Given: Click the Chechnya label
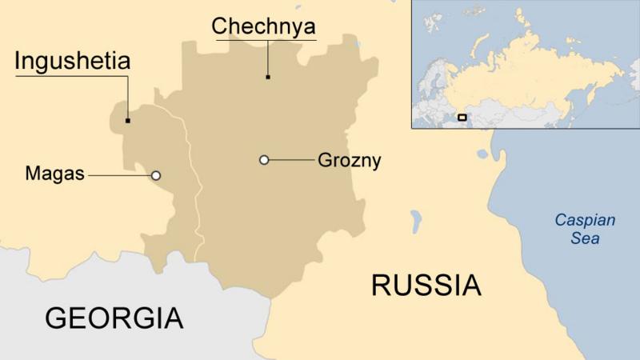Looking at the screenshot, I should pyautogui.click(x=263, y=26).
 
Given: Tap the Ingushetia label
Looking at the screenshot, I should pyautogui.click(x=73, y=62).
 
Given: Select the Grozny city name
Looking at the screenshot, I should pyautogui.click(x=350, y=160).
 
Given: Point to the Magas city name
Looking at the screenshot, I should pyautogui.click(x=54, y=174).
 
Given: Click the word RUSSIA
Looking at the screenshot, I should pyautogui.click(x=426, y=285).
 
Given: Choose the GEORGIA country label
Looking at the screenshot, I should pyautogui.click(x=114, y=318).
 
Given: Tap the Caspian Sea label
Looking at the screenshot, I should pyautogui.click(x=585, y=229).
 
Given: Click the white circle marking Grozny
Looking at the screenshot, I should pyautogui.click(x=264, y=160).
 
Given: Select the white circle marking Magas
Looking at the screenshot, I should pyautogui.click(x=156, y=175).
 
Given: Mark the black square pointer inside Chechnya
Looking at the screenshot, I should pyautogui.click(x=268, y=77).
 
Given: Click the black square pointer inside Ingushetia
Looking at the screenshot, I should pyautogui.click(x=127, y=121).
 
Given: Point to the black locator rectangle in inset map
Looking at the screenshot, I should pyautogui.click(x=462, y=118).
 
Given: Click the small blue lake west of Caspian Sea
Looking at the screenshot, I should pyautogui.click(x=416, y=219).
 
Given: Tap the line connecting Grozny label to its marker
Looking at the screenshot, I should pyautogui.click(x=292, y=160).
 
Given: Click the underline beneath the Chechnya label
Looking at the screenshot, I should pyautogui.click(x=263, y=38).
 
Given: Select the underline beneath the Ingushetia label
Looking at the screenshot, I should pyautogui.click(x=73, y=76).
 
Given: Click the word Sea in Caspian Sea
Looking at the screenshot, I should pyautogui.click(x=585, y=238).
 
